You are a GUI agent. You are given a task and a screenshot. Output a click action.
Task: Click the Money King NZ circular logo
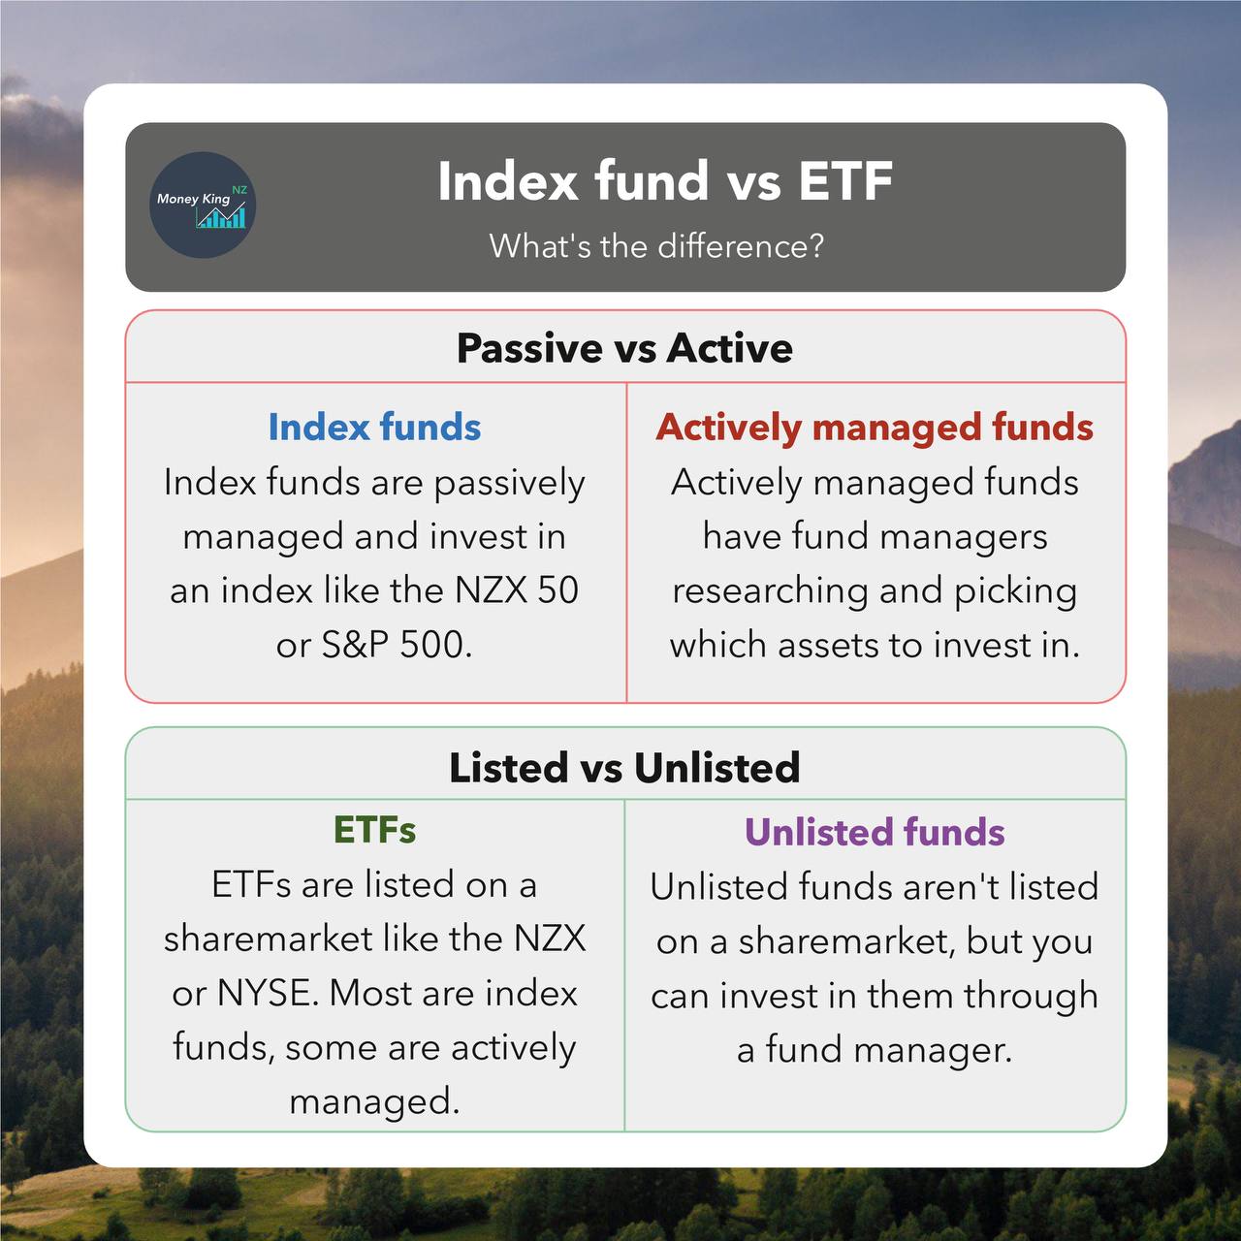click(x=202, y=205)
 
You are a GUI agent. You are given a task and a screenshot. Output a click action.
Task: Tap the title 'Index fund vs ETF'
click(x=664, y=181)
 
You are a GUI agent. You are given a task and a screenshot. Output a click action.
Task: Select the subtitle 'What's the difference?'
click(x=656, y=246)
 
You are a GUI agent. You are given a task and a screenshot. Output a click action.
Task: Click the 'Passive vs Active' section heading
click(x=624, y=348)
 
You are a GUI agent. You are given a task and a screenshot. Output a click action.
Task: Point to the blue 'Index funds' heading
click(x=374, y=428)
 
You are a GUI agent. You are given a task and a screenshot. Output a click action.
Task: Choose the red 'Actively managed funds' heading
click(x=875, y=428)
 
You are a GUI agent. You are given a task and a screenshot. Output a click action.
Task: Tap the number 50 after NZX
click(x=557, y=590)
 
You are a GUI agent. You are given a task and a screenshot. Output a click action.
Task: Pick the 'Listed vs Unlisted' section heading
click(x=624, y=768)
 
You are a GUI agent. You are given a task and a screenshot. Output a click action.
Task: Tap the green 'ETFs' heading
click(x=374, y=830)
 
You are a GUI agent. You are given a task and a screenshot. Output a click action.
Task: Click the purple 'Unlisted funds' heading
click(x=875, y=832)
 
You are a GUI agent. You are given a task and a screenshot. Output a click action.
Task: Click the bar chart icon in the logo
click(x=221, y=216)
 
